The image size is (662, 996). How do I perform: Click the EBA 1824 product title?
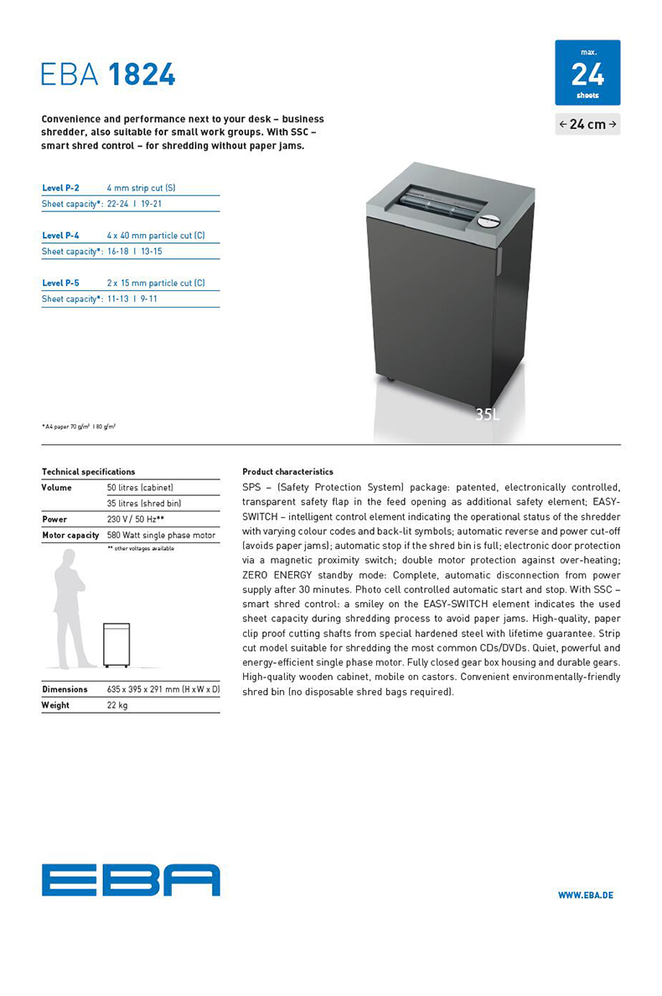108,75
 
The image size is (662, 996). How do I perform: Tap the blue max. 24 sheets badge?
587,72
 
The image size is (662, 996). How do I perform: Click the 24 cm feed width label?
587,124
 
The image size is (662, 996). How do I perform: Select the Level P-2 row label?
60,188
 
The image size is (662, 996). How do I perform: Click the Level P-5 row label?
60,283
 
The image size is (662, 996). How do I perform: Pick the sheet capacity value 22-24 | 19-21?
134,204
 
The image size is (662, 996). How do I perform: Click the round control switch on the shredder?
488,221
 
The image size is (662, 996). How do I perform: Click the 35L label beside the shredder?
487,414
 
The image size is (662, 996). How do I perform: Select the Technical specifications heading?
88,472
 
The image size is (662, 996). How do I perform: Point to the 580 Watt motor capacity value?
161,535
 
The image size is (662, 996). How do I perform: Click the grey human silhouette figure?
72,608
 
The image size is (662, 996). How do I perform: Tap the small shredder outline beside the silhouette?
116,645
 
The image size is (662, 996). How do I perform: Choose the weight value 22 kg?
117,705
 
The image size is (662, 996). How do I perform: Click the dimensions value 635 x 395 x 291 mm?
163,689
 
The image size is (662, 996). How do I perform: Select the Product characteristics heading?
287,472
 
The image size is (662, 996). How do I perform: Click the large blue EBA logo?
131,880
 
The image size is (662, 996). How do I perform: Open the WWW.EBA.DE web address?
585,895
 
